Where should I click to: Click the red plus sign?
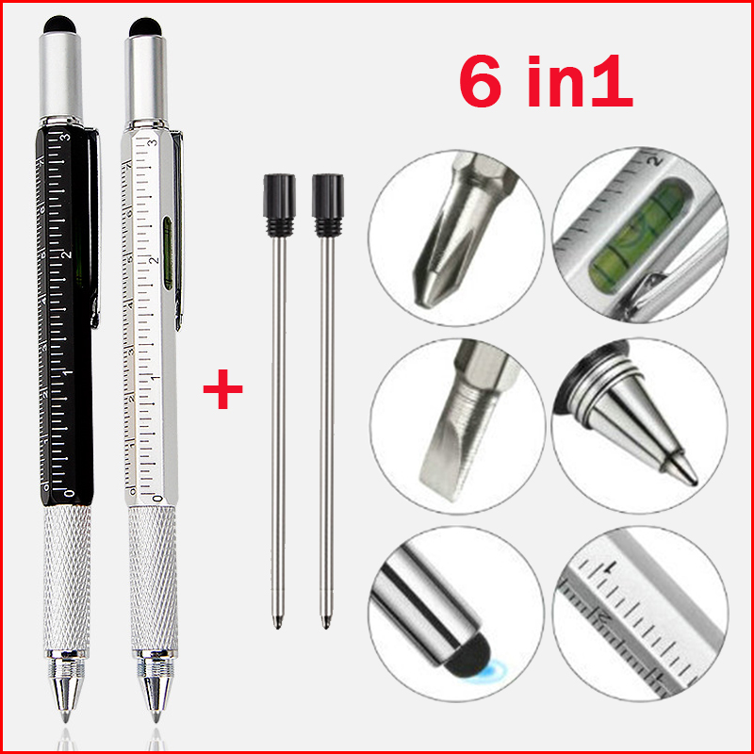coord(222,389)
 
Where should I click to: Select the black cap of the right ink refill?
coord(327,194)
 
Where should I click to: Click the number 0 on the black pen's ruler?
coord(70,492)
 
